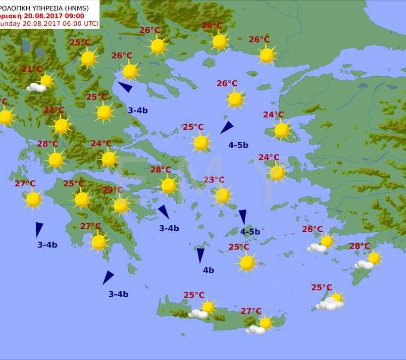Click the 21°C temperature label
point(32,69)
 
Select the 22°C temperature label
point(53,110)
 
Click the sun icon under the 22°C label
point(62,126)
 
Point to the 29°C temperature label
point(112,190)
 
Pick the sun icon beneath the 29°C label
point(121,205)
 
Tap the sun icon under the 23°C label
point(222,196)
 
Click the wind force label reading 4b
point(208,270)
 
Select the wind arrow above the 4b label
point(201,255)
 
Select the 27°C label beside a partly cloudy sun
point(251,311)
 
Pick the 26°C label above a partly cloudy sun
point(312,229)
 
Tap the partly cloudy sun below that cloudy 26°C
point(321,243)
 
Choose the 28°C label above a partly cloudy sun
point(359,246)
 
